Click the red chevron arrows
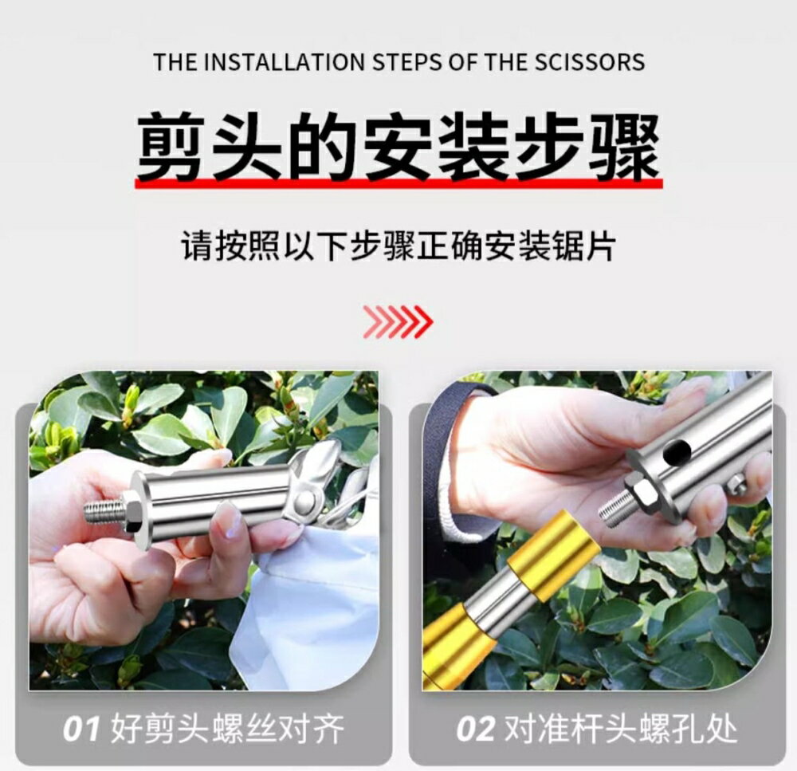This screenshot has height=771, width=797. point(398,321)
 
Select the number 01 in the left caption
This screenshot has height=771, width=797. point(81,729)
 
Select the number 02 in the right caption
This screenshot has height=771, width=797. point(475,729)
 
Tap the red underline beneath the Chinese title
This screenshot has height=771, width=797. point(399,183)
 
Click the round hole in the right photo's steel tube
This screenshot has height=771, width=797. point(678,450)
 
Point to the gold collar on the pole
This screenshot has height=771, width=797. point(551,557)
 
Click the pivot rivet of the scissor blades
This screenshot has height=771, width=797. point(304,501)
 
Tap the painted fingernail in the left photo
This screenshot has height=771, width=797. point(227,520)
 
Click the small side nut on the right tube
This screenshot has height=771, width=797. point(736,486)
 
